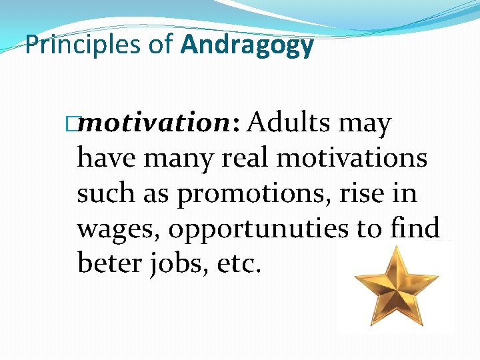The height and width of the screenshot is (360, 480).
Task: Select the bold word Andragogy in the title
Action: [247, 45]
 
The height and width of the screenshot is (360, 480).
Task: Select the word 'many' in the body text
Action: [174, 159]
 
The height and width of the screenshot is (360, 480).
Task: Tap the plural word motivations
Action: [351, 159]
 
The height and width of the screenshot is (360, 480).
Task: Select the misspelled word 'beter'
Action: [107, 263]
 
